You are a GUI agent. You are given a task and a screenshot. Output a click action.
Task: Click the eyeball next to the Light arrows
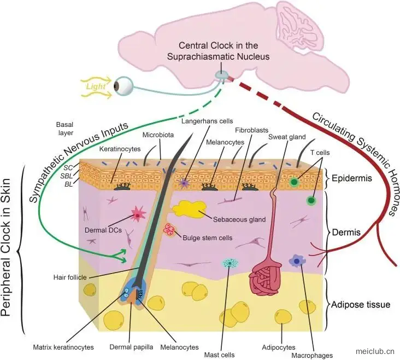point(123,85)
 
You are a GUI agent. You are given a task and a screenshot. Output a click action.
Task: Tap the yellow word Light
point(96,86)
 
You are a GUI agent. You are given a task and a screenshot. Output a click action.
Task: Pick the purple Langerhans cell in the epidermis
point(184,182)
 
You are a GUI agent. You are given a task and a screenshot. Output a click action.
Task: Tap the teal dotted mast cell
point(231,263)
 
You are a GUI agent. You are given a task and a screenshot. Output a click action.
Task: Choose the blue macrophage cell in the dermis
point(297,260)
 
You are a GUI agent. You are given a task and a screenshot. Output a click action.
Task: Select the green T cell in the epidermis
point(294,182)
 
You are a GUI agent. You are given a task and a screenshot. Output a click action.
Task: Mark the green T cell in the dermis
point(311,200)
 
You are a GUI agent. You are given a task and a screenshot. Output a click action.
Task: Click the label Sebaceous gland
point(239,219)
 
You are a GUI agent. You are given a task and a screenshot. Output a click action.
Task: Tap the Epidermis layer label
point(352,178)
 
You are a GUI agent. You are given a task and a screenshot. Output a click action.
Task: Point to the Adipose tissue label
point(361,304)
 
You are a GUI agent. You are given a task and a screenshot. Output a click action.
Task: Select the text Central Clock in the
point(219,45)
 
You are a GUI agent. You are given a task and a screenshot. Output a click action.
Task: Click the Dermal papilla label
point(131,347)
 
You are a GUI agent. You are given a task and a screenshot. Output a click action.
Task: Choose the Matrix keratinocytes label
point(63,347)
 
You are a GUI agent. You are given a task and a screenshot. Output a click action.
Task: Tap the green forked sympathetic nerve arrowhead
point(120,256)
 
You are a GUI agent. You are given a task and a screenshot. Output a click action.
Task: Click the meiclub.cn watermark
point(375,351)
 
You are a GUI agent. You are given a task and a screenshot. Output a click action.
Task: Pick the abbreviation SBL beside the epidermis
point(67,176)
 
